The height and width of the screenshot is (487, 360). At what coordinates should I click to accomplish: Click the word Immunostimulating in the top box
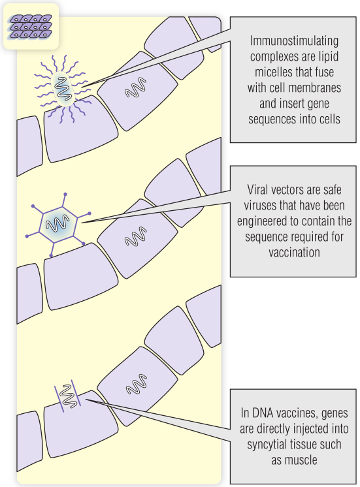coord(294,41)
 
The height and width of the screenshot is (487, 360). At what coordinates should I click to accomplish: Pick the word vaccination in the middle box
coord(294,252)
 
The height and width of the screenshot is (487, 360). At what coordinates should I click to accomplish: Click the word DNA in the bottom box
coord(263,413)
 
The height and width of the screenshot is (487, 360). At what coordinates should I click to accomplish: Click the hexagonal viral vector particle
coord(58,225)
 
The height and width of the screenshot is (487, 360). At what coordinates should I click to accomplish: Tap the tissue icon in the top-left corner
coord(31,26)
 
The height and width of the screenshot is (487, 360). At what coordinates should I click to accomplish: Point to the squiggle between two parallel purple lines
coord(68,396)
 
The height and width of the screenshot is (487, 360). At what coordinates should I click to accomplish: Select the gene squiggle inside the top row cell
coord(136,87)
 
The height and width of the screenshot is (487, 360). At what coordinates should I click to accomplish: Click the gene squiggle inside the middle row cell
coord(136,236)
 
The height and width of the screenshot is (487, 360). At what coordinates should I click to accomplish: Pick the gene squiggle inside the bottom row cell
coord(137,385)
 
